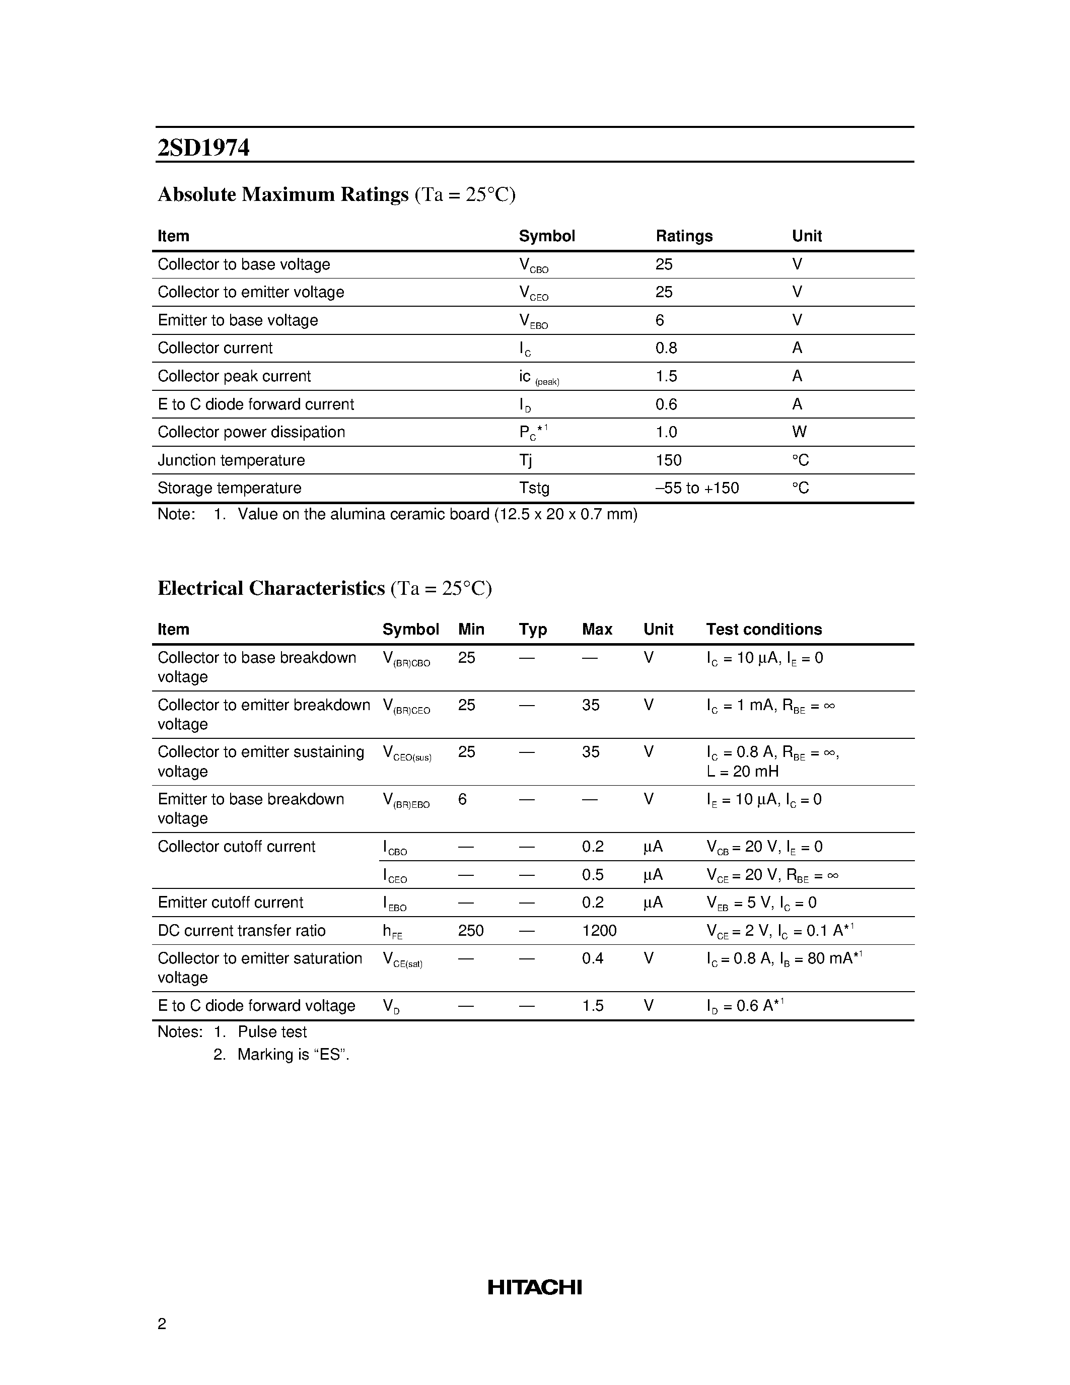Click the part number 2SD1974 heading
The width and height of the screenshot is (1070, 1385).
pos(203,148)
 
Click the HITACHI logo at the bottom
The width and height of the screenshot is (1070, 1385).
pos(534,1287)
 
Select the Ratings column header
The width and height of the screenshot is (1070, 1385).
pos(684,236)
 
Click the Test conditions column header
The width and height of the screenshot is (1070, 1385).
pos(764,629)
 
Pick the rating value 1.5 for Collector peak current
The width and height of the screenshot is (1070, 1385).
pos(666,376)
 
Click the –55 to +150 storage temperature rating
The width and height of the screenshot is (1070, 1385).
pos(697,488)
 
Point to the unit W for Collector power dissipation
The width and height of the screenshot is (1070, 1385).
pos(799,432)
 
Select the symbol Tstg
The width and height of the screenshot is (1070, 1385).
pos(534,488)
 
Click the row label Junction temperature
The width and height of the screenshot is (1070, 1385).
pos(231,460)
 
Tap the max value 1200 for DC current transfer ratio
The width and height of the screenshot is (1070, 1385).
pos(599,930)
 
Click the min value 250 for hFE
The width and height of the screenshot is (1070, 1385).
pos(470,930)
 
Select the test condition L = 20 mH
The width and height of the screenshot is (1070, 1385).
pos(742,771)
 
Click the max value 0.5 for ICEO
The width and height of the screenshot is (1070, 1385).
pos(593,874)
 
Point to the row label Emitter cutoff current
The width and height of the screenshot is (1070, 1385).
pos(230,903)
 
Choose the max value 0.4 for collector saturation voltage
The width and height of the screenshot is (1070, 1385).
pos(593,958)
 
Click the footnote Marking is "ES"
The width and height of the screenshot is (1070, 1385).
pos(293,1055)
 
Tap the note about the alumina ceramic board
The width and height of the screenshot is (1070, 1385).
pos(438,514)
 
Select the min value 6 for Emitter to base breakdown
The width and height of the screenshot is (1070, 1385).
pos(462,799)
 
